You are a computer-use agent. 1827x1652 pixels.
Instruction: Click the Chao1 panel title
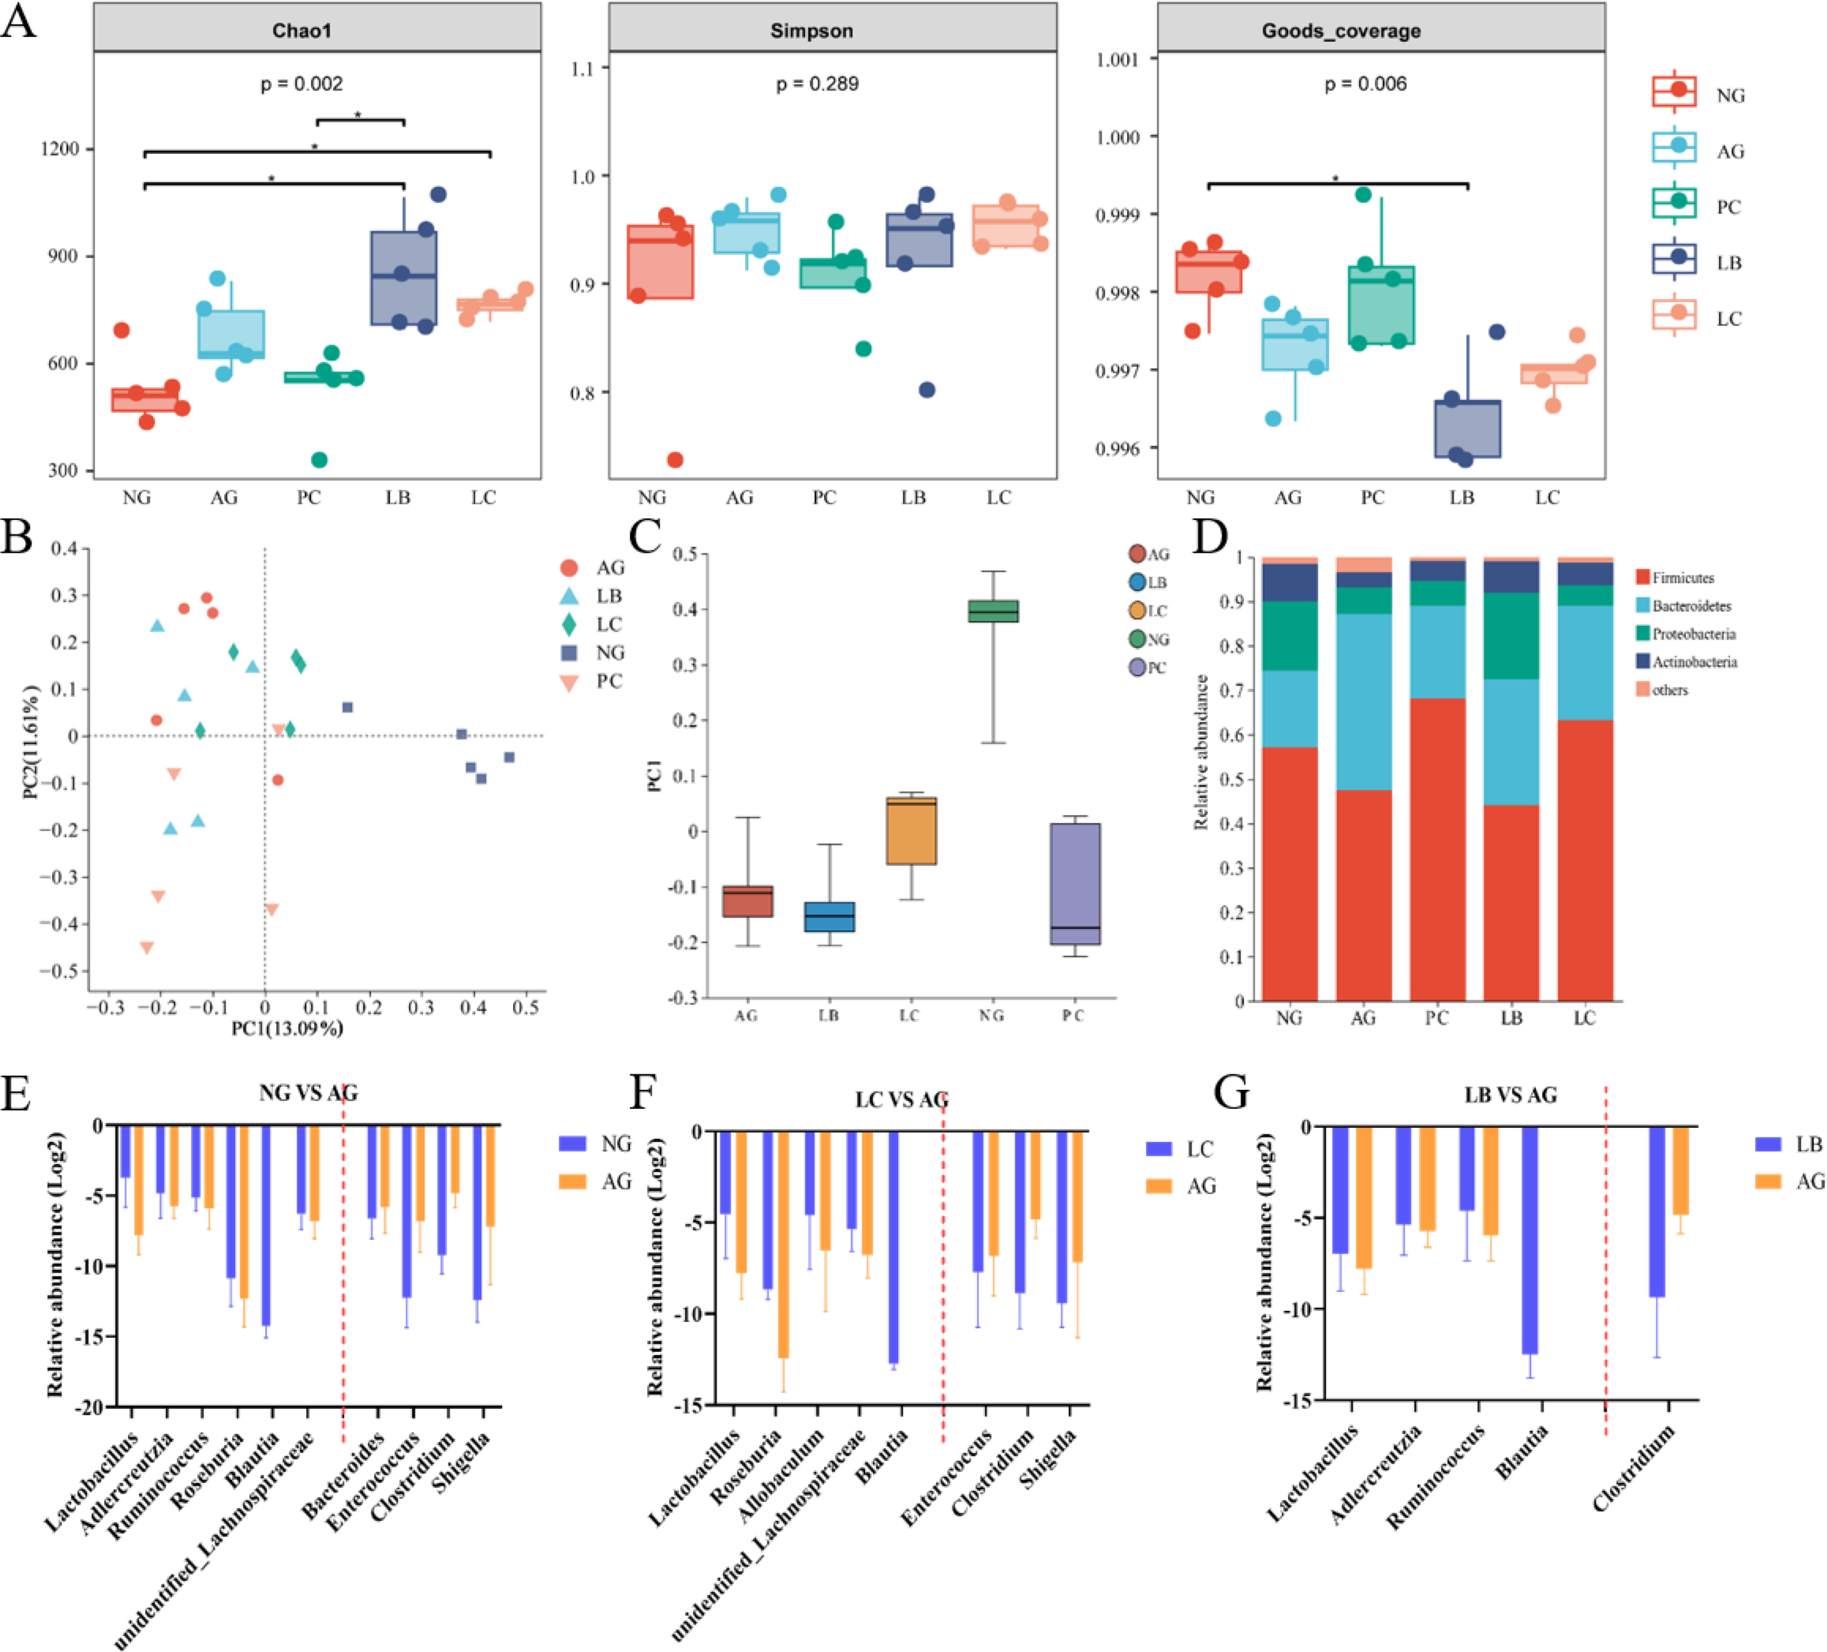[301, 31]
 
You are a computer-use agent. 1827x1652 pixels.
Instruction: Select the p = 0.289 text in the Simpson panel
[817, 84]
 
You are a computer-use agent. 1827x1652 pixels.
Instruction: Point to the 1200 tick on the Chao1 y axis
[61, 148]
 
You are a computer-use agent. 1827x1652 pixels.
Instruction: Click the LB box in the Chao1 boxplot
[403, 278]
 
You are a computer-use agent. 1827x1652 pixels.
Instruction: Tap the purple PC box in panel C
[1075, 883]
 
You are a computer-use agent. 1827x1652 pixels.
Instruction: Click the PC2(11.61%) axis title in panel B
[31, 741]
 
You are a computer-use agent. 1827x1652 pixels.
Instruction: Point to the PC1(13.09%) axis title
[287, 1028]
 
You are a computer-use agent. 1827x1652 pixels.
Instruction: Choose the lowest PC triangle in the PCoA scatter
[147, 948]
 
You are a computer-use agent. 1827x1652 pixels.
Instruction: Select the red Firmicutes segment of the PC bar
[1436, 848]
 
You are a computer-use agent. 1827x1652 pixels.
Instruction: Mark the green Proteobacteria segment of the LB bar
[1511, 635]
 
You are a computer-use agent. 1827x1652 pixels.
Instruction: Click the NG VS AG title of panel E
[308, 1093]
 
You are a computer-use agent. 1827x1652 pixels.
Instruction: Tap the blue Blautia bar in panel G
[1529, 1240]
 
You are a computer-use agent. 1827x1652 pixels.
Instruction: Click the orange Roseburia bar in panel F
[783, 1244]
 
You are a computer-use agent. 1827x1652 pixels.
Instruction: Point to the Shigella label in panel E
[463, 1460]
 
